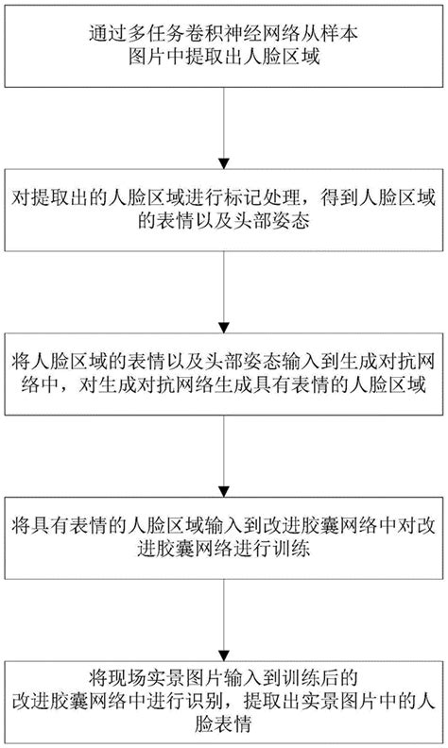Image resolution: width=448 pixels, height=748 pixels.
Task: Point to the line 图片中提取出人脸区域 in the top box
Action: point(223,58)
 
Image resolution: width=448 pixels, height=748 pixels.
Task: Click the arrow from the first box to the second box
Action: point(223,128)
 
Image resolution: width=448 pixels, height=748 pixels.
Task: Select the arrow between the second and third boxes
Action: point(223,293)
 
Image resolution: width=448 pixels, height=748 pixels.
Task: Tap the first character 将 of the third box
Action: point(21,362)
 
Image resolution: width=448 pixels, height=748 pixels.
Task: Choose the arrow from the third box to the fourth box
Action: point(223,456)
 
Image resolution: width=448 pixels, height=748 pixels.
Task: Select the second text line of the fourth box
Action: point(223,549)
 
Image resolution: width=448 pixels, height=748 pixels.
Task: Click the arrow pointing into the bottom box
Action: point(223,620)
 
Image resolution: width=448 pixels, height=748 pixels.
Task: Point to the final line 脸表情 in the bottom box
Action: point(223,723)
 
